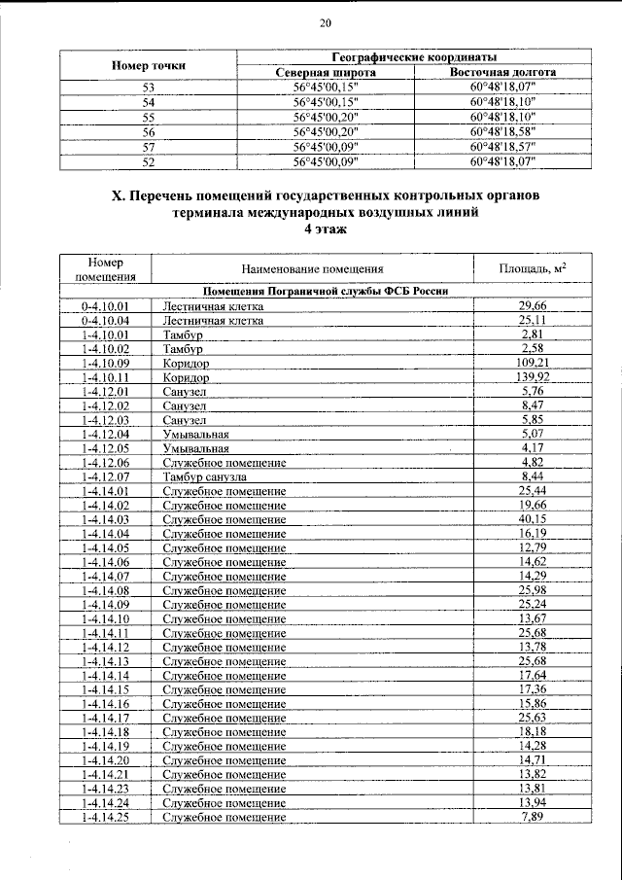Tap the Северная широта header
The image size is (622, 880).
tap(325, 73)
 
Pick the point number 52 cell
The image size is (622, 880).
tap(149, 161)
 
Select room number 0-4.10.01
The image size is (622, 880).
tap(106, 306)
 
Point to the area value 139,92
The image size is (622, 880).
tap(530, 376)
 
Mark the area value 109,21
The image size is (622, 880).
tap(530, 363)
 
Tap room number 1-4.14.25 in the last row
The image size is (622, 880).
tap(106, 818)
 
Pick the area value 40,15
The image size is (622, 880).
tap(530, 520)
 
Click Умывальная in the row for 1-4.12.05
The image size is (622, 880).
tap(196, 448)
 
